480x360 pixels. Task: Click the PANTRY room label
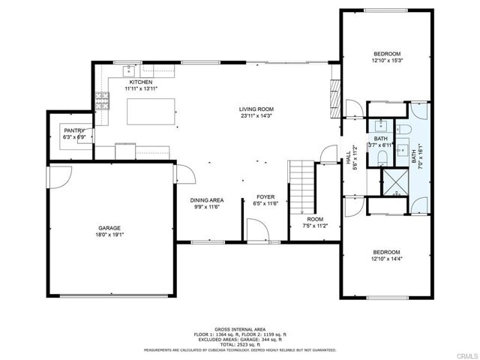74,130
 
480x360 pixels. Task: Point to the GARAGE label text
109,228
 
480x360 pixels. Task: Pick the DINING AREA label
206,200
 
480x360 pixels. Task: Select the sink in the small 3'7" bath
381,124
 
